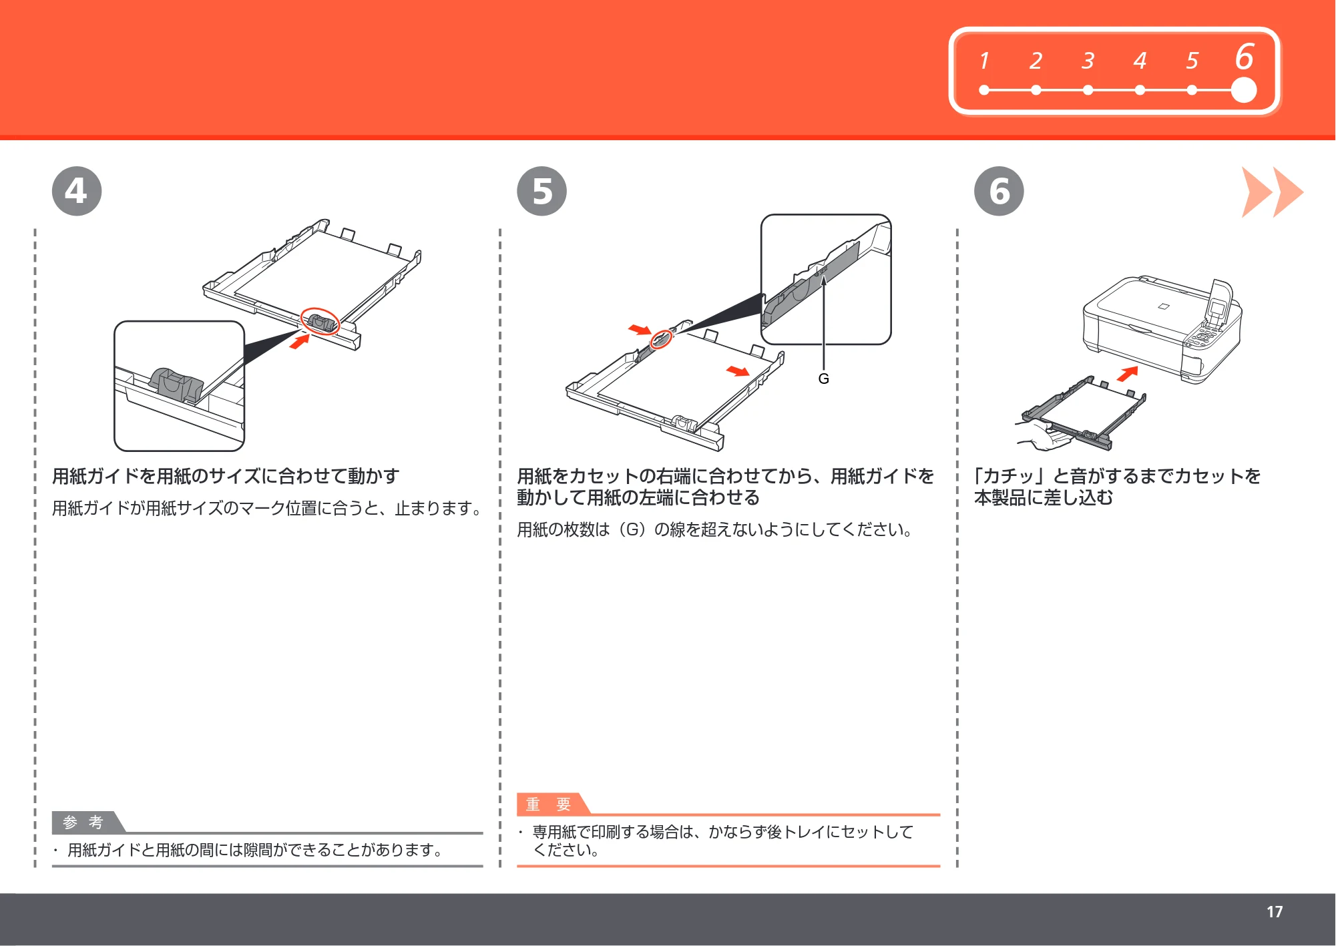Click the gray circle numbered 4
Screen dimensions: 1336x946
pyautogui.click(x=77, y=191)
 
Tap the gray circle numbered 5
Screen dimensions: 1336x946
pyautogui.click(x=541, y=191)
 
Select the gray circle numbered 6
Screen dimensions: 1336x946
pyautogui.click(x=999, y=191)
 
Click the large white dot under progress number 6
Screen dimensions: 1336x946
pyautogui.click(x=1243, y=90)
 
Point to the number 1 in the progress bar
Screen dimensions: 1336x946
pyautogui.click(x=984, y=61)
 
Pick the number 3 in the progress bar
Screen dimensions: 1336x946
pyautogui.click(x=1088, y=61)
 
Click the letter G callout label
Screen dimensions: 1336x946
pyautogui.click(x=824, y=379)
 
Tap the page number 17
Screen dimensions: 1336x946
pyautogui.click(x=1275, y=912)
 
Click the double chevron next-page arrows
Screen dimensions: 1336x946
pyautogui.click(x=1272, y=192)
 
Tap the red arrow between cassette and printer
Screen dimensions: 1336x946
pyautogui.click(x=1128, y=374)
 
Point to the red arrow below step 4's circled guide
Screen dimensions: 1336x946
pyautogui.click(x=300, y=341)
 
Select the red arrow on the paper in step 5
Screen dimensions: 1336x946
pyautogui.click(x=738, y=371)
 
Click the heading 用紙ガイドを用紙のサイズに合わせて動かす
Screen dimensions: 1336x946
pyautogui.click(x=226, y=476)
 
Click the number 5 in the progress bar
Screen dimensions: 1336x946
pyautogui.click(x=1192, y=61)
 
